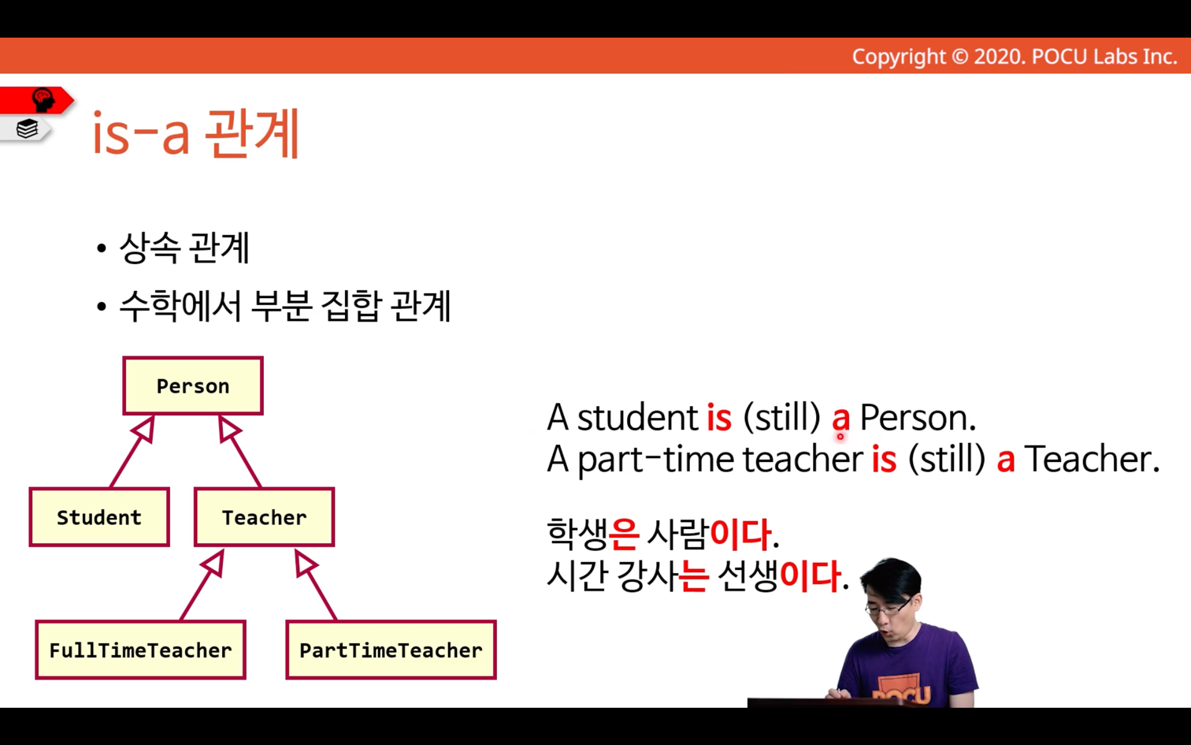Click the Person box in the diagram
tap(193, 386)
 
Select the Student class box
tap(99, 516)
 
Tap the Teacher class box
tap(264, 516)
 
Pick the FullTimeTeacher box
tap(140, 650)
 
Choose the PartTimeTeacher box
tap(391, 650)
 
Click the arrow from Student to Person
tap(132, 451)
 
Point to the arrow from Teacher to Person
tap(240, 451)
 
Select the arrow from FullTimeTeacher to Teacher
tap(202, 584)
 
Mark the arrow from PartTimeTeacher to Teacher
tap(316, 584)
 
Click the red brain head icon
tap(43, 99)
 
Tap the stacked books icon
tap(27, 129)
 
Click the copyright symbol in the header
tap(959, 57)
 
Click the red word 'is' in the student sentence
tap(719, 418)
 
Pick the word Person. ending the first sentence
tap(918, 418)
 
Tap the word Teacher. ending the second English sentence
tap(1092, 460)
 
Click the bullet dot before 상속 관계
tap(102, 248)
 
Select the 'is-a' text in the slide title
tap(141, 135)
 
